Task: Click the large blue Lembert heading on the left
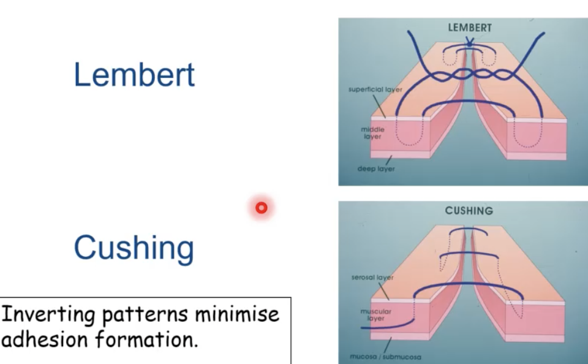[x=134, y=75]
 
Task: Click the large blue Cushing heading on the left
[x=134, y=248]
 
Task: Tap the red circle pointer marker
[x=262, y=208]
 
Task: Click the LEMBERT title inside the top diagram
[x=470, y=28]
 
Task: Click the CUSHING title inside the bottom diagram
[x=469, y=211]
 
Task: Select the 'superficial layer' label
[x=375, y=89]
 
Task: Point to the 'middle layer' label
[x=372, y=133]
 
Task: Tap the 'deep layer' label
[x=376, y=169]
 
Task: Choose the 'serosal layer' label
[x=372, y=278]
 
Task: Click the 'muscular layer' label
[x=375, y=315]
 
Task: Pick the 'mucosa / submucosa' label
[x=385, y=356]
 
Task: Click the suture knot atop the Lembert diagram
[x=469, y=43]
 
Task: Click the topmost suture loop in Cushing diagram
[x=469, y=232]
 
